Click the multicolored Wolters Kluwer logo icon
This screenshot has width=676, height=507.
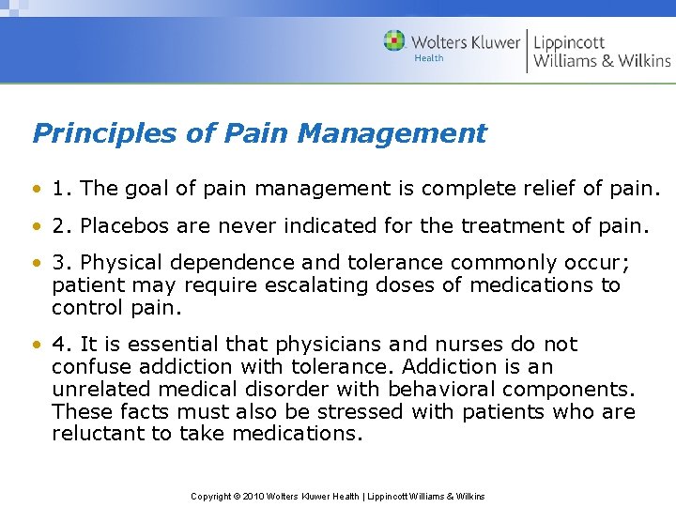394,41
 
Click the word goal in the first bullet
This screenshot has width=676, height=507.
147,189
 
